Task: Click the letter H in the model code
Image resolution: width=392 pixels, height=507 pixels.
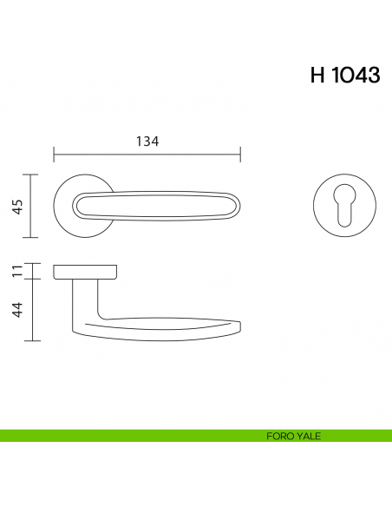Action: coord(318,76)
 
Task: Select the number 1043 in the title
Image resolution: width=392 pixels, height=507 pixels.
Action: coord(356,76)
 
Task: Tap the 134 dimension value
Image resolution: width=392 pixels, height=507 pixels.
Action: coord(147,142)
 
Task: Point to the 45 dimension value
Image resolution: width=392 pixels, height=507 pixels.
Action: coord(18,206)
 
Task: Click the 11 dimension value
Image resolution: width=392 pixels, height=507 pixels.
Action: coord(18,271)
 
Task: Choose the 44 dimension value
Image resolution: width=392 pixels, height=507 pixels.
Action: coord(18,310)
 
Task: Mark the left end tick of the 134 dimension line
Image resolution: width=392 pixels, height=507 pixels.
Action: coord(54,155)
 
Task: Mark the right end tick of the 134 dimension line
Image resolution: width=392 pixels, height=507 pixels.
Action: coord(240,155)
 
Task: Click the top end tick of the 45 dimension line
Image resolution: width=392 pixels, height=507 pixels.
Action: coord(32,174)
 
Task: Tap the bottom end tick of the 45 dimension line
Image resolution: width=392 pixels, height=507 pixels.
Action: coord(32,237)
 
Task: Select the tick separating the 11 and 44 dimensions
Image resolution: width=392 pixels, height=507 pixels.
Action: coord(32,279)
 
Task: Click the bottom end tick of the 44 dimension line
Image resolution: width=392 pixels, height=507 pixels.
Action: coord(32,340)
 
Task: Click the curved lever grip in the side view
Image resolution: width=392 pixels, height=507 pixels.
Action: coord(173,326)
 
